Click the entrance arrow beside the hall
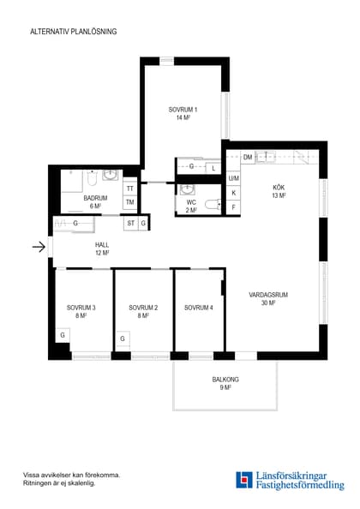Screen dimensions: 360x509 (x=39, y=247)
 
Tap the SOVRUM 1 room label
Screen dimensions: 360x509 (x=183, y=110)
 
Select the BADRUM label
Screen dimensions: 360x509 (x=95, y=198)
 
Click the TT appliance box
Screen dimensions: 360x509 (x=130, y=189)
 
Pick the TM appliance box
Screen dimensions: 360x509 (x=130, y=202)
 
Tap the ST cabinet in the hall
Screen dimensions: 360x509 (x=131, y=224)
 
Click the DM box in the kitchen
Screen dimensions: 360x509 (x=248, y=157)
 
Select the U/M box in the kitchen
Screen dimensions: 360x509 (x=233, y=178)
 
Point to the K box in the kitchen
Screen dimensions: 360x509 (x=233, y=193)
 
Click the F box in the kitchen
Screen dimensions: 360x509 (x=233, y=207)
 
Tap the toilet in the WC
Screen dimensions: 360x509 (x=213, y=205)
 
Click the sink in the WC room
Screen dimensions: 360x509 (x=187, y=189)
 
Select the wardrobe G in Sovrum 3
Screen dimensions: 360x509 (x=63, y=335)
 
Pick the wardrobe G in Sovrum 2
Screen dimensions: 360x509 (x=123, y=338)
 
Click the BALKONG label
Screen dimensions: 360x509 (x=225, y=379)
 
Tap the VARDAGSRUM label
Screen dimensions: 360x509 (x=268, y=295)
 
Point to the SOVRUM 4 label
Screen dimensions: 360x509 (x=199, y=308)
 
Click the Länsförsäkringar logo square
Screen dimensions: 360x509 (x=244, y=480)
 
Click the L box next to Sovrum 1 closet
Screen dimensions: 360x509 (x=213, y=168)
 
